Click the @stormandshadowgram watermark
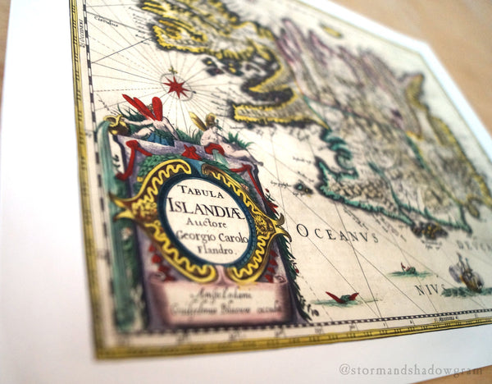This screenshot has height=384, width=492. point(413,369)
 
